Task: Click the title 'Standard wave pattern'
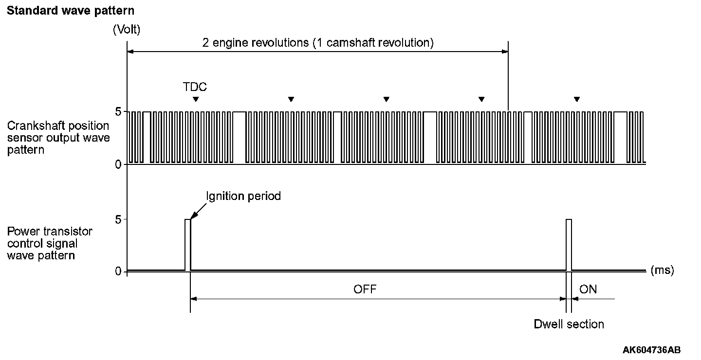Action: point(71,10)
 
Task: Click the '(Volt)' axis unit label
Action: point(127,30)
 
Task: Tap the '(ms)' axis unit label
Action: point(662,270)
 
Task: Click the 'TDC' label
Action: point(195,87)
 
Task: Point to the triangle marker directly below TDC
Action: point(196,99)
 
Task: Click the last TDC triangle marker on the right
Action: point(577,99)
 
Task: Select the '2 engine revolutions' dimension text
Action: point(318,43)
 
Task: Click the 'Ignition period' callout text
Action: point(244,196)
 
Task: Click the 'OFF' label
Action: point(365,289)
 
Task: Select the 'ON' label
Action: point(588,289)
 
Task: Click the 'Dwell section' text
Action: point(569,324)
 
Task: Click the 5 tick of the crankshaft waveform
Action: point(117,112)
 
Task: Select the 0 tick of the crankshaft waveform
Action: point(117,164)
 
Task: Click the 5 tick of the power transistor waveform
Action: point(117,219)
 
